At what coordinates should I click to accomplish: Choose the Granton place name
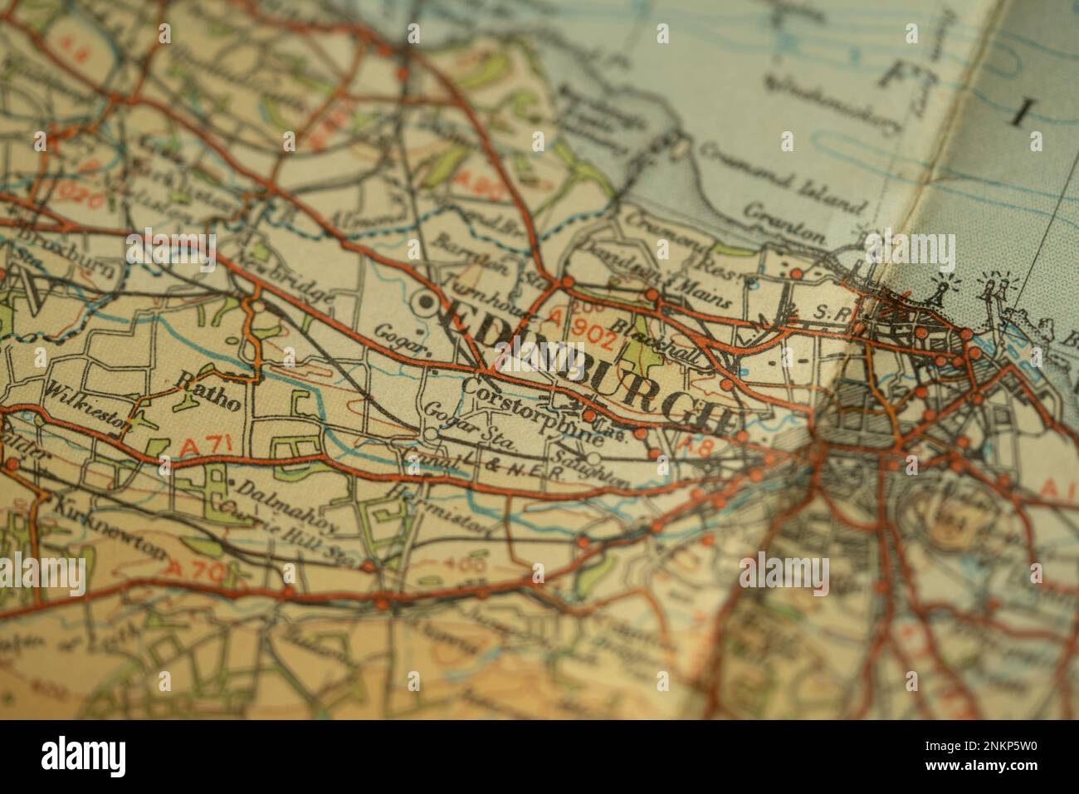click(x=784, y=223)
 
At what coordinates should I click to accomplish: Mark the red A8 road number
click(x=690, y=446)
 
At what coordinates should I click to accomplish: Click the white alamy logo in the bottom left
click(x=85, y=755)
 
